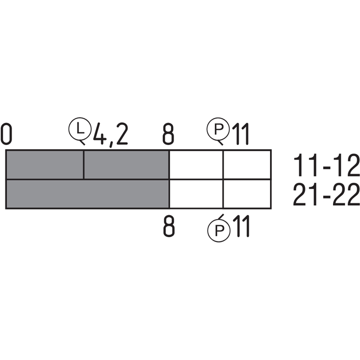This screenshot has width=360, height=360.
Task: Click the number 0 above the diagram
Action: [6, 134]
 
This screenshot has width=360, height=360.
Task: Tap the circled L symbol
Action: [80, 129]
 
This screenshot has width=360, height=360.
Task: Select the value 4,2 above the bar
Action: [110, 135]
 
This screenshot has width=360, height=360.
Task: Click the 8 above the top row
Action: [168, 134]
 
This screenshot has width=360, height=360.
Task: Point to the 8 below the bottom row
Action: [169, 226]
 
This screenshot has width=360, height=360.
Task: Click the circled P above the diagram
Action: [218, 129]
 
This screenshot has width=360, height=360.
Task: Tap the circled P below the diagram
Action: [219, 230]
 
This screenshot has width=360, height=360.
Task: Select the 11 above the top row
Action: [240, 134]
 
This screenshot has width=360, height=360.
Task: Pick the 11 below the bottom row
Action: [241, 226]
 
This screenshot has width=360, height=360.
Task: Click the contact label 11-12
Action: [326, 165]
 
